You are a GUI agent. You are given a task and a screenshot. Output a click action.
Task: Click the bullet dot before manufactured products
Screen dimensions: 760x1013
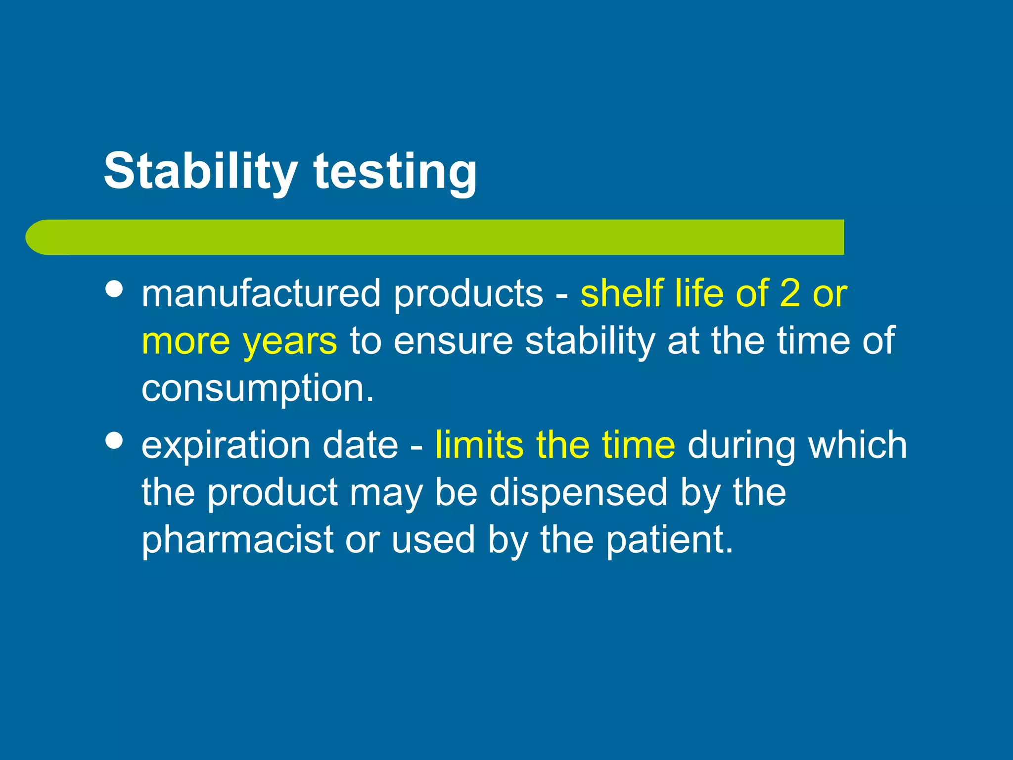(x=114, y=289)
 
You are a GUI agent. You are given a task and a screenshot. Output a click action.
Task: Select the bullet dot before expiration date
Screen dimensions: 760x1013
(x=114, y=440)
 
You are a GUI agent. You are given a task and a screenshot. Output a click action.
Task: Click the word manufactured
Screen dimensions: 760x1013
(x=261, y=293)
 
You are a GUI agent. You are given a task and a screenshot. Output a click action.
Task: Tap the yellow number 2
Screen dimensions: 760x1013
(x=790, y=293)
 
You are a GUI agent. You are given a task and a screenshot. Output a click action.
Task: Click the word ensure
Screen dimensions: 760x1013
(x=453, y=341)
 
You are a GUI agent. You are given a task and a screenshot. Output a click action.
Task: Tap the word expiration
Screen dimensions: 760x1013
(x=226, y=445)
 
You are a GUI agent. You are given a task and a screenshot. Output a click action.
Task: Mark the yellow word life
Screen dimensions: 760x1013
(x=698, y=293)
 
